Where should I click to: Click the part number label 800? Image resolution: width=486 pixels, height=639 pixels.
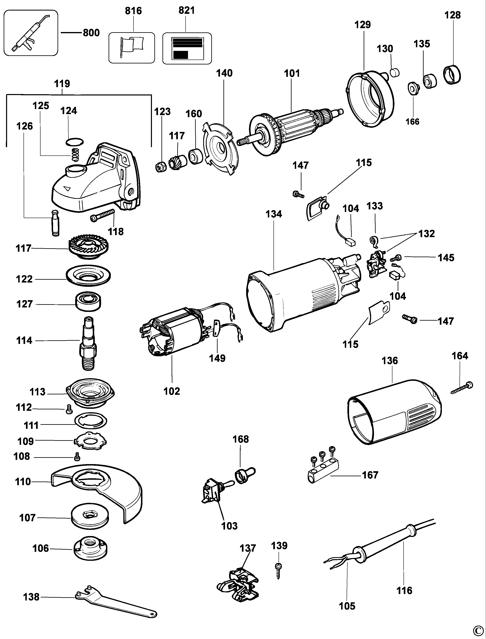click(x=91, y=33)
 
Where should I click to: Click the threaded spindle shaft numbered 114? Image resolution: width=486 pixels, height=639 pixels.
click(x=88, y=342)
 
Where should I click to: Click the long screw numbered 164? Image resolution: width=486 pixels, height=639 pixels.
click(x=462, y=388)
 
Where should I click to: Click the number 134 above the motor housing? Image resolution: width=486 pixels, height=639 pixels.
click(x=274, y=214)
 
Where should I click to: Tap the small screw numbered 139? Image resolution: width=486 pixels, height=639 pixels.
click(x=279, y=571)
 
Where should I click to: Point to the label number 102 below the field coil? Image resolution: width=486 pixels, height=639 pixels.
click(x=172, y=391)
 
